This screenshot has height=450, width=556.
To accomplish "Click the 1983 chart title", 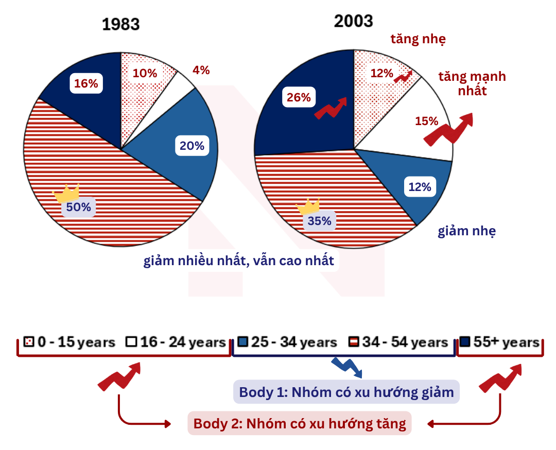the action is coord(120,25).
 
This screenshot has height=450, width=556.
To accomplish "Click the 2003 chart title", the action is coord(353,21).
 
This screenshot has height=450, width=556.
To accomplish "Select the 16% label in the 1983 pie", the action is coord(86,83).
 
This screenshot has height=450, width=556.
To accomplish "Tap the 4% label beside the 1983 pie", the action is coord(201,70).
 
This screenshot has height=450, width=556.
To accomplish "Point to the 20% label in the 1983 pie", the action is coord(192,145).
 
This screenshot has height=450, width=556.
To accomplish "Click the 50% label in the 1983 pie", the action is coord(78,207).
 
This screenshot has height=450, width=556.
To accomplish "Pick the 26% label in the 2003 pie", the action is coord(299,97).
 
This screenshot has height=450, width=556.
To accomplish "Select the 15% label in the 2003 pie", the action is coord(427,121).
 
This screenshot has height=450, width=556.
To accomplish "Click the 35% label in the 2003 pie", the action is coord(319,221).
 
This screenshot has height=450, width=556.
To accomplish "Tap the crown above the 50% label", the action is coord(66,193).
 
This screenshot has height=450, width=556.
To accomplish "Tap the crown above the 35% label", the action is coord(308,206).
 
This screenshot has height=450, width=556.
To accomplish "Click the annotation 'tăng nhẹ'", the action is coord(418,39).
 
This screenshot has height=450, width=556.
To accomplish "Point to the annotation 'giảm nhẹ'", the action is coord(466,231).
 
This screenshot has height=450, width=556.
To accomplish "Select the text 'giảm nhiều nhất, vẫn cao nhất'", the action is coord(239,261).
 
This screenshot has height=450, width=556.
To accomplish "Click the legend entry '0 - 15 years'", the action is coord(69,342).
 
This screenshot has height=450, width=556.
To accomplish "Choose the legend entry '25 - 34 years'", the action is coord(287,342).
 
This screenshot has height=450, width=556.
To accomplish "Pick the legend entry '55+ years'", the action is coord(499,342).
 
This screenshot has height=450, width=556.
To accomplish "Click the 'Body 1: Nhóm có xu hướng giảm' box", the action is coord(346,392).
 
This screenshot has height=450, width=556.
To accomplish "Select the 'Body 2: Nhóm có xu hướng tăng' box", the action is coord(300,423).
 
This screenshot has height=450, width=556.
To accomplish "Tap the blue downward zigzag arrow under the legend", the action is coord(347,368).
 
